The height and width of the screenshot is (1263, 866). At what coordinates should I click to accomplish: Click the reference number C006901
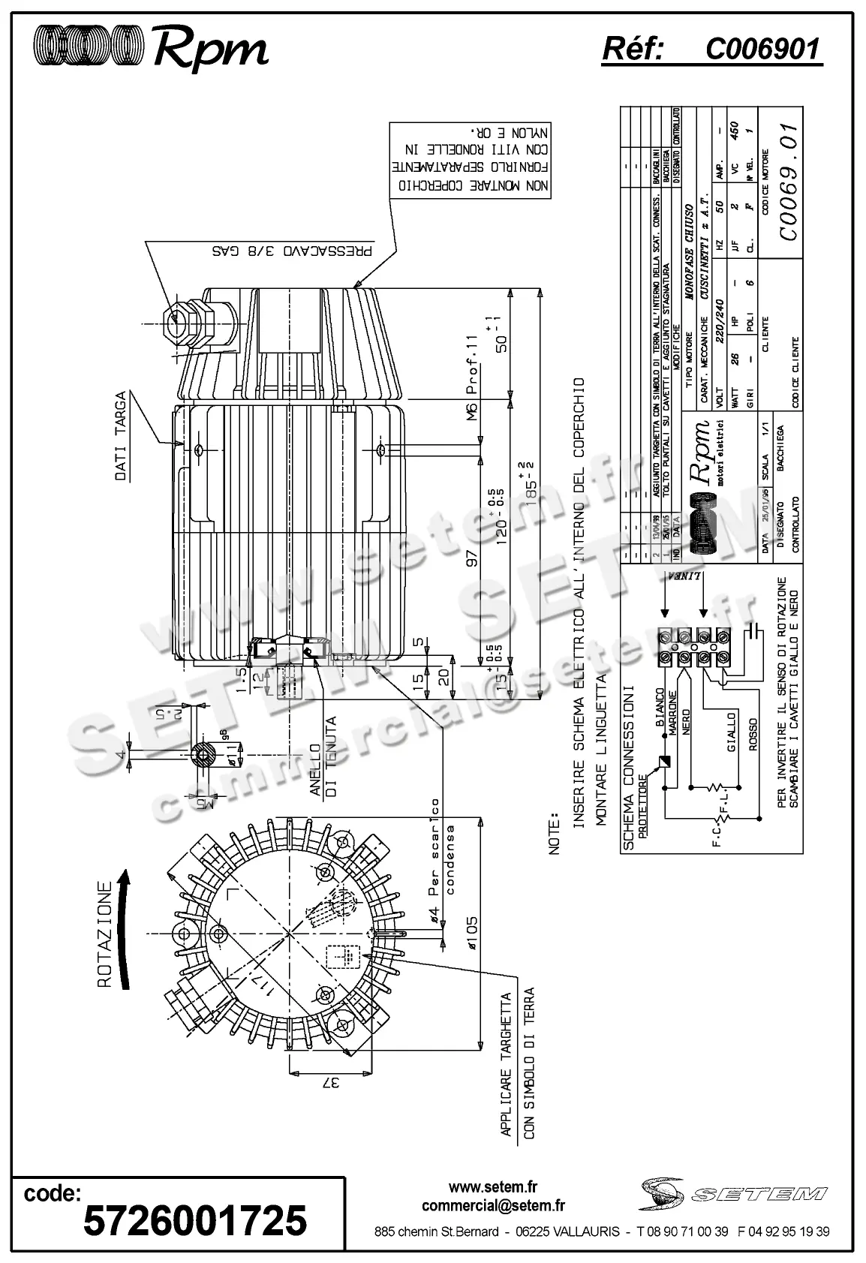(762, 50)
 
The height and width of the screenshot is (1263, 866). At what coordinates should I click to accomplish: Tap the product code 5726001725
(195, 1219)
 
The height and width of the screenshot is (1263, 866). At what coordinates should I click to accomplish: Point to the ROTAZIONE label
(105, 934)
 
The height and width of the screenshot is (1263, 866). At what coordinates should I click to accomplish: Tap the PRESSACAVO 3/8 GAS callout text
(292, 251)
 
